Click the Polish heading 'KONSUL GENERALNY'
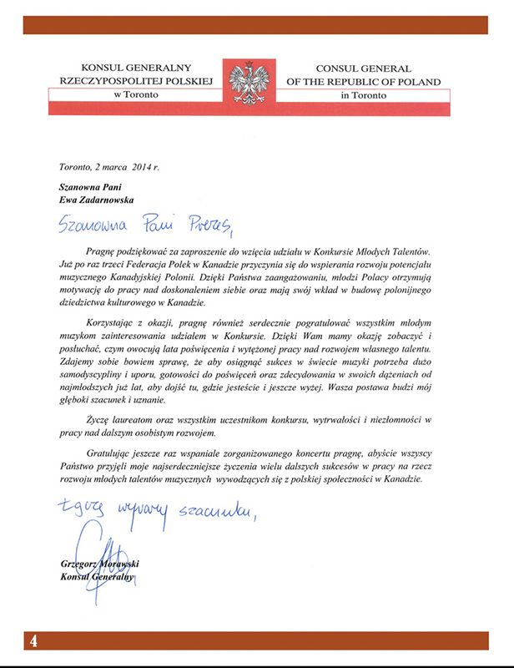pyautogui.click(x=137, y=67)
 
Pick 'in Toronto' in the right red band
pyautogui.click(x=365, y=95)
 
